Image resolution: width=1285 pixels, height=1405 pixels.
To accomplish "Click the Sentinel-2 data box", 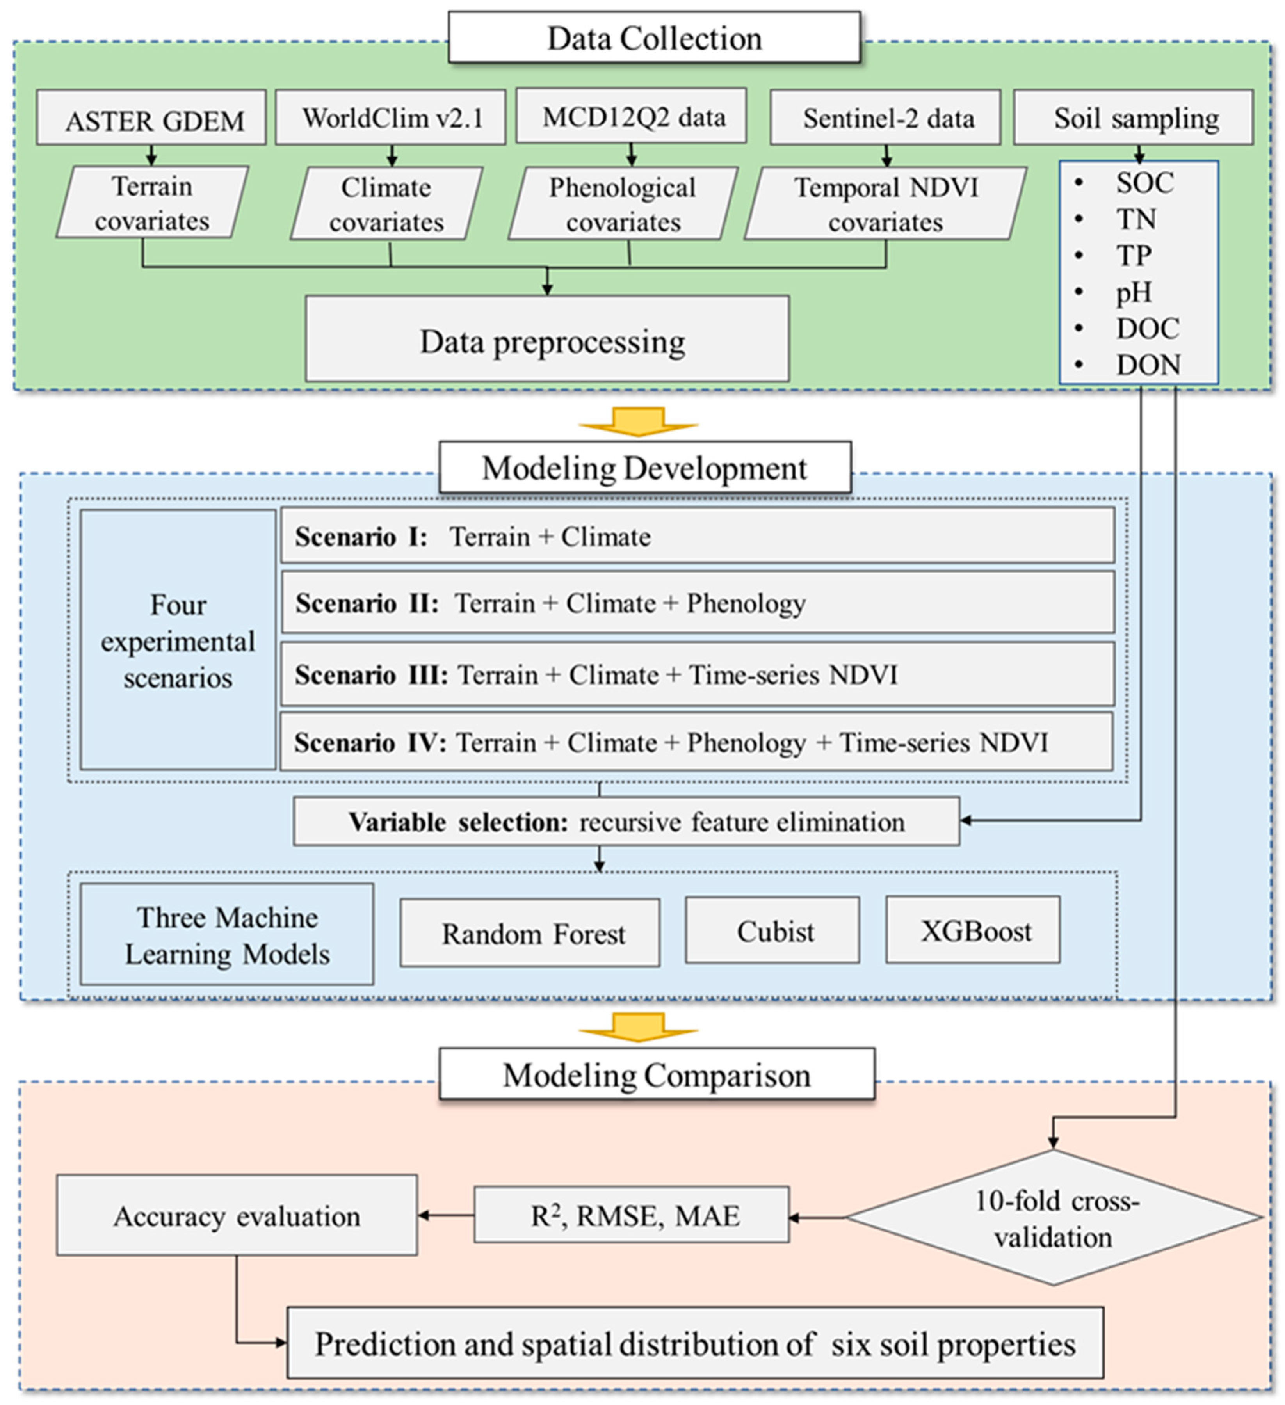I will coord(885,117).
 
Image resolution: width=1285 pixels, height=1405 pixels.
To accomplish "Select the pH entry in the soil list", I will coord(1134,292).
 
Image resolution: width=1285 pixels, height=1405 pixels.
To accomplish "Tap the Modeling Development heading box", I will coord(644,468).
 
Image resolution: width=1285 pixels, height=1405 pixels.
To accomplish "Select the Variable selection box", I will coord(626,822).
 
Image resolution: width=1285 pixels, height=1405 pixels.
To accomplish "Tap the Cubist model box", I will coord(772,930).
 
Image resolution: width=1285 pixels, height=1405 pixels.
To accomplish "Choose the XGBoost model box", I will coord(973,930).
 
